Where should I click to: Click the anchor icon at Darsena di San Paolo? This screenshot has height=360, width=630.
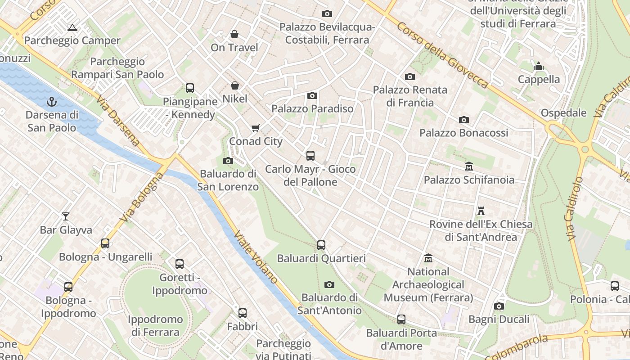(52, 102)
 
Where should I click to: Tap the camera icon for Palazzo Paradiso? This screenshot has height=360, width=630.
(312, 95)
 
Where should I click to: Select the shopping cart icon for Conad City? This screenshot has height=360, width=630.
(256, 128)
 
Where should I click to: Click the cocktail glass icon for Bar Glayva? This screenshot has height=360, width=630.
(66, 216)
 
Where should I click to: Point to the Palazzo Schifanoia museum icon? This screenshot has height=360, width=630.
(469, 166)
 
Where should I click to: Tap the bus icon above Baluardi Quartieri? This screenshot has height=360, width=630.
(321, 245)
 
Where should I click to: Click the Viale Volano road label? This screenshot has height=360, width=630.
(256, 257)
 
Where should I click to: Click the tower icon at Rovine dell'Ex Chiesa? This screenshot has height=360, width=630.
(481, 211)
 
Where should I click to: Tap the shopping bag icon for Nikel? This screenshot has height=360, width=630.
(234, 85)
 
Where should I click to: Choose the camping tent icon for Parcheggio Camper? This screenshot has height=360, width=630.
(72, 28)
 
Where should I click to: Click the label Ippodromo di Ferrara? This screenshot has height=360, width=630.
(155, 326)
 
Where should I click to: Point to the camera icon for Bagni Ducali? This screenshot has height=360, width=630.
(499, 306)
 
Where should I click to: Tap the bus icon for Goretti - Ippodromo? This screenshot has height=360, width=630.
(180, 264)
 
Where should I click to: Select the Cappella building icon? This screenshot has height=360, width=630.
(539, 67)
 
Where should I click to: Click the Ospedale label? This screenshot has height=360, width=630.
(563, 113)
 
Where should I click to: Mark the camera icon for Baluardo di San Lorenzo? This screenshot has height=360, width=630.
(228, 161)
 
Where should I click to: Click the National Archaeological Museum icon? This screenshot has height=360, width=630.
(428, 258)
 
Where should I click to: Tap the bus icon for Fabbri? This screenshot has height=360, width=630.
(243, 313)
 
